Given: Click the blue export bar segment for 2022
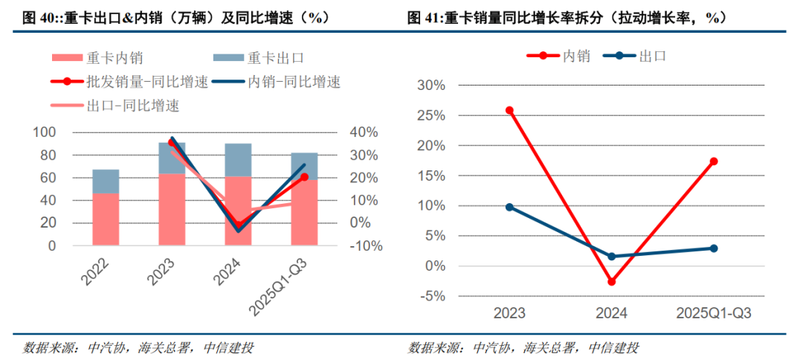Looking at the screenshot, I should (106, 181).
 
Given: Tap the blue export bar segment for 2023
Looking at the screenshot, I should (172, 158).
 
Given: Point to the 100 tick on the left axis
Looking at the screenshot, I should (45, 132).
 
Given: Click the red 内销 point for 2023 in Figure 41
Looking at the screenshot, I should (509, 111).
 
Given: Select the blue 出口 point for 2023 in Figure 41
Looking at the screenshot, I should (509, 207).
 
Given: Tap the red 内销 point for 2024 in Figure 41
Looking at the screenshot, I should (611, 282).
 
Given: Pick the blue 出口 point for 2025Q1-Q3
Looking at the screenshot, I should (714, 248).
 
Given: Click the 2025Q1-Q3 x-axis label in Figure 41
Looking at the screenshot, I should (714, 314).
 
